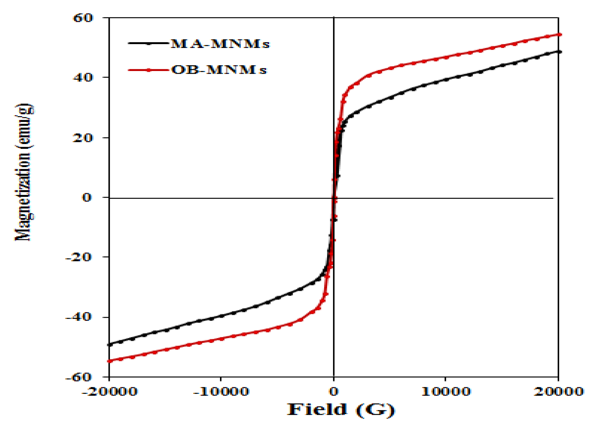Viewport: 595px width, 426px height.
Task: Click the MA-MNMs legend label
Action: (x=220, y=44)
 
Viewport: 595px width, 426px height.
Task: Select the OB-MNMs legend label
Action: (x=219, y=70)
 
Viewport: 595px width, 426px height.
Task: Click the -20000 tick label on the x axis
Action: (x=109, y=392)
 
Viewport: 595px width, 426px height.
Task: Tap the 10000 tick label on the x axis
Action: (x=446, y=392)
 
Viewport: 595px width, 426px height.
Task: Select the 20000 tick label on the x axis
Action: (x=558, y=392)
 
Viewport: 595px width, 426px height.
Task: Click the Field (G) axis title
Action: (x=341, y=410)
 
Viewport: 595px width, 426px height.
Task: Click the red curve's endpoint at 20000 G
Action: (x=559, y=35)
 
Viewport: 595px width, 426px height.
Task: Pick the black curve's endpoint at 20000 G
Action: (x=559, y=52)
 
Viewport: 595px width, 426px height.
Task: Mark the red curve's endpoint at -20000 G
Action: (x=109, y=361)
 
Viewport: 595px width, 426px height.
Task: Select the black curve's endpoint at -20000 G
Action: (x=109, y=344)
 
